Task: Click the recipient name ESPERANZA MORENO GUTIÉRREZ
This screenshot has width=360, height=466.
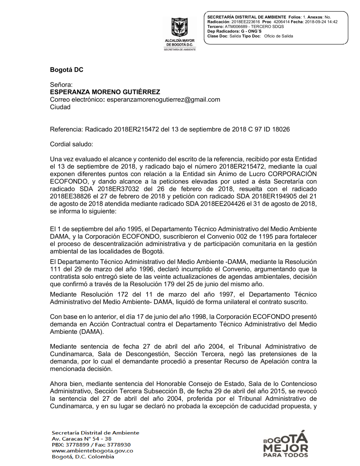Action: pos(105,92)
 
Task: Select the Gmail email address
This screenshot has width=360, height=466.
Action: pos(163,100)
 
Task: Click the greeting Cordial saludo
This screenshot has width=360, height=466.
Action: pos(71,144)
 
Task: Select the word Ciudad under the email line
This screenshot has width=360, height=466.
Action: pos(60,107)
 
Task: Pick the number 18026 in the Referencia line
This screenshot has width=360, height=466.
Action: pos(281,129)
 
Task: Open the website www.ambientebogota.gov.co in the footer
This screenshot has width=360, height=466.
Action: pos(93,451)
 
